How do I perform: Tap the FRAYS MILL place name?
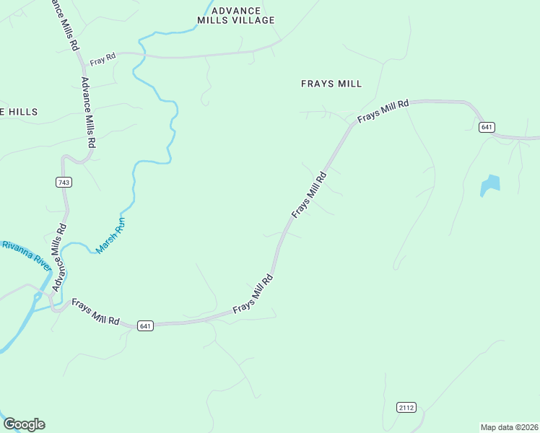[x=331, y=84]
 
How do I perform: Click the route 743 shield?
[x=64, y=183]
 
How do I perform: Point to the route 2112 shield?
[x=406, y=408]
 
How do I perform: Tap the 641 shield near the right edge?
[x=487, y=127]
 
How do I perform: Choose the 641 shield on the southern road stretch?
[x=145, y=325]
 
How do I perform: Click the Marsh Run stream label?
[x=110, y=236]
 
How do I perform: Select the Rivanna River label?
[x=26, y=255]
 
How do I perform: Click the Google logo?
[x=24, y=424]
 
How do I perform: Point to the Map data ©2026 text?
[x=509, y=427]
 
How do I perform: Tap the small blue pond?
[x=490, y=185]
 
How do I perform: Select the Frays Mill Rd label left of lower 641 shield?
[x=95, y=315]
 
